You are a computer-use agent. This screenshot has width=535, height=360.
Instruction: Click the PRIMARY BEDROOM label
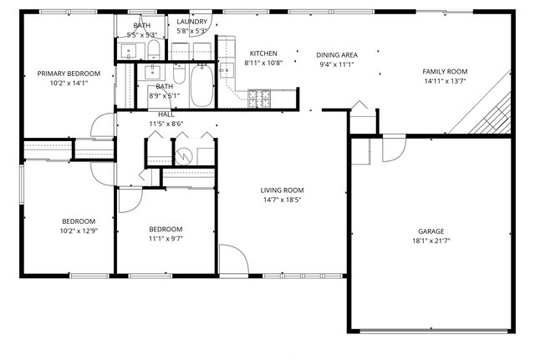(69, 74)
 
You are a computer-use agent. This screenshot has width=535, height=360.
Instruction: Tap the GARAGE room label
(431, 231)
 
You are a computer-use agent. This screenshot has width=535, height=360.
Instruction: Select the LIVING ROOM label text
(282, 190)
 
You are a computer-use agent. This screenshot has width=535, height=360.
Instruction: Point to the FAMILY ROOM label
(445, 72)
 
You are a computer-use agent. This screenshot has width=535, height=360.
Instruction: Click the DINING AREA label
(337, 55)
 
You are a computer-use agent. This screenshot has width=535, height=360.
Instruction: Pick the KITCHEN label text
(263, 53)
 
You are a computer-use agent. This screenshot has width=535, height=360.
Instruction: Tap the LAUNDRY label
(191, 22)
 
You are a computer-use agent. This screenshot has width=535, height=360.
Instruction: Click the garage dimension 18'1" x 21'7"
(431, 241)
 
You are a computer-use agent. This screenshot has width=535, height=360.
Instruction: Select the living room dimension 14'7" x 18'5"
(282, 200)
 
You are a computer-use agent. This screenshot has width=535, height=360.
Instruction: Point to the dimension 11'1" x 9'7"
(166, 239)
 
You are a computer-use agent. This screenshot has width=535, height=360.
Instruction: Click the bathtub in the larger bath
(202, 85)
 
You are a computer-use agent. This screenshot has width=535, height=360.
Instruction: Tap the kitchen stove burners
(259, 99)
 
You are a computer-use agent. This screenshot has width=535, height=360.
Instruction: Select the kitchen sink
(227, 70)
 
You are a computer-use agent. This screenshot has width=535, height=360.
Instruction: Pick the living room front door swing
(234, 259)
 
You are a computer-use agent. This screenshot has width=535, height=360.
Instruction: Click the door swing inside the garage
(394, 149)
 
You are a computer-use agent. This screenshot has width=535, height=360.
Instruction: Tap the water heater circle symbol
(184, 156)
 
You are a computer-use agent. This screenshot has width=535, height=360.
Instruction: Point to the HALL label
(166, 115)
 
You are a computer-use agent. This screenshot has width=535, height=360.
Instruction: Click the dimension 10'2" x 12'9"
(79, 231)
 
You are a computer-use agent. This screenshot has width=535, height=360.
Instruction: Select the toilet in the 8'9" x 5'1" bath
(179, 74)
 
